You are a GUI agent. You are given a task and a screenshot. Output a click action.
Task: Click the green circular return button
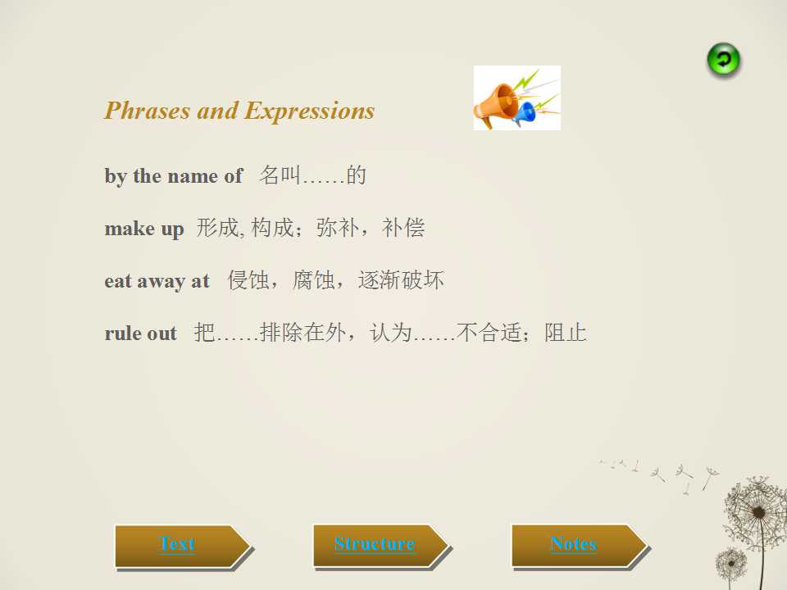tap(723, 60)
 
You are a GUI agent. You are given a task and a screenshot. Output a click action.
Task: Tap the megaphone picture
tap(517, 98)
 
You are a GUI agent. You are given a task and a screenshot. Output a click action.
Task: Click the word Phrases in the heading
tap(148, 111)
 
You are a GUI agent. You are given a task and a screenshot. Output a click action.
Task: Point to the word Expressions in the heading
tap(310, 111)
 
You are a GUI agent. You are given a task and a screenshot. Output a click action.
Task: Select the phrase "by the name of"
tap(174, 176)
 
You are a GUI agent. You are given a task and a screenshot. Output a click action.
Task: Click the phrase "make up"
tap(144, 229)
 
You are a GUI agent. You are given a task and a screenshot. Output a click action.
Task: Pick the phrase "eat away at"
tap(157, 281)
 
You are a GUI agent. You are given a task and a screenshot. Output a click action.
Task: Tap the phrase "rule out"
tap(141, 334)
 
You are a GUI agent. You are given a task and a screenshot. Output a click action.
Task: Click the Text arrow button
tap(183, 547)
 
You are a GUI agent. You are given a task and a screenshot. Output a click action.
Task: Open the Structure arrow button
tap(381, 546)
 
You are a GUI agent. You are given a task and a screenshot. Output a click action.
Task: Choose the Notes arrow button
tap(580, 546)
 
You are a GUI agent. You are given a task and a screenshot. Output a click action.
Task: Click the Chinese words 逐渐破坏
tap(401, 280)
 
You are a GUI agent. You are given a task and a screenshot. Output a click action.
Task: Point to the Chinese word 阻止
tap(566, 333)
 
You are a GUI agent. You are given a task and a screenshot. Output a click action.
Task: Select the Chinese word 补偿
tap(403, 228)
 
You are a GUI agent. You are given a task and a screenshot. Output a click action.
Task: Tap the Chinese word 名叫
tap(280, 175)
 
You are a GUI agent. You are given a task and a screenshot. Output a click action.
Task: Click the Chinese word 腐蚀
tap(314, 280)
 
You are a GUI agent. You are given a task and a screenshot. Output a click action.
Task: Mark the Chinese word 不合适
tap(489, 333)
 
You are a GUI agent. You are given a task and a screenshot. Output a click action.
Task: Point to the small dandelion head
tap(731, 564)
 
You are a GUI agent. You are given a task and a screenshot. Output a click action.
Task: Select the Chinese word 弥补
tap(337, 228)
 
